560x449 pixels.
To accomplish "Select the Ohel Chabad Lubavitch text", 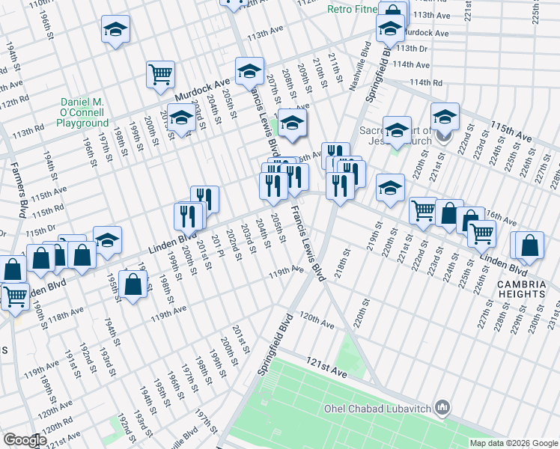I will click(x=377, y=409).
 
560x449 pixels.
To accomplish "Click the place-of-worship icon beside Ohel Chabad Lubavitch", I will click(x=442, y=408).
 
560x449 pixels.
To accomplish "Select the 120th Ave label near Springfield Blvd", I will click(x=316, y=320).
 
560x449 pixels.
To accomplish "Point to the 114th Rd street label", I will click(x=426, y=82).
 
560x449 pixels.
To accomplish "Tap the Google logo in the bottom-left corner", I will click(x=25, y=440).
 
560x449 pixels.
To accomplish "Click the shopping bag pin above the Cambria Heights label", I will click(x=529, y=245).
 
